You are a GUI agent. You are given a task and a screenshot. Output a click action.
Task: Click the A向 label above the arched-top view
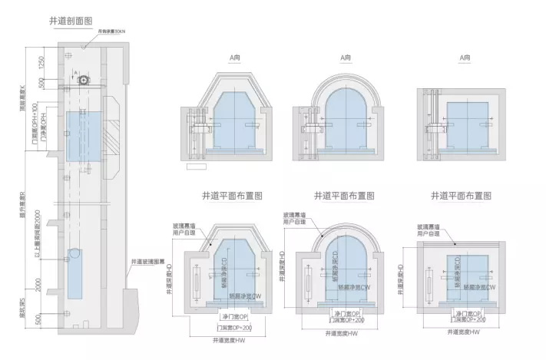pyautogui.click(x=344, y=58)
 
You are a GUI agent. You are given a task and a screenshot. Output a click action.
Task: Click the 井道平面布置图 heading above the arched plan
pyautogui.click(x=344, y=197)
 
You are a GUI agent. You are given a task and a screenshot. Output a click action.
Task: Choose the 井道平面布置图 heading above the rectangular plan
pyautogui.click(x=461, y=197)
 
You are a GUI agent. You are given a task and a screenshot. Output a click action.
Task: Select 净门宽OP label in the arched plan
pyautogui.click(x=346, y=314)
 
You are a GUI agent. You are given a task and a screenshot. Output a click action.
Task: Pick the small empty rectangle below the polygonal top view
pyautogui.click(x=196, y=165)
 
